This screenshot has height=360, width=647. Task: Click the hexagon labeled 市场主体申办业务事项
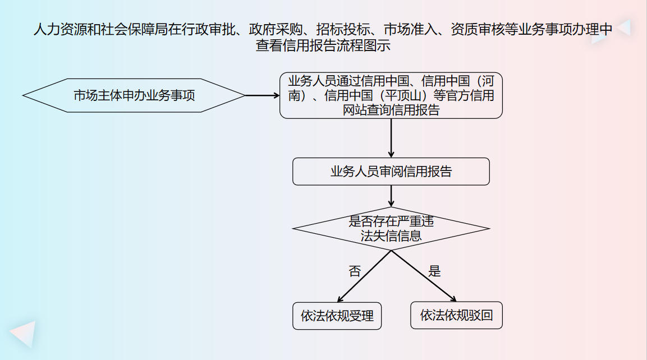(x=134, y=95)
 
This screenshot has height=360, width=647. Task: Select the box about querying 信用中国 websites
(x=391, y=95)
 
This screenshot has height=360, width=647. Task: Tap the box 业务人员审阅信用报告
(x=391, y=172)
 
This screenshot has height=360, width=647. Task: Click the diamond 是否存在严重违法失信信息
(x=391, y=228)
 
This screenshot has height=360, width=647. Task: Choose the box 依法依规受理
(x=337, y=316)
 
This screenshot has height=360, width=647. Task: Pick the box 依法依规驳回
(x=456, y=315)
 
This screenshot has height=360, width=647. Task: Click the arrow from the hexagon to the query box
(x=263, y=95)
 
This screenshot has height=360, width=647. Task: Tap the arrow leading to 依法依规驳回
(x=424, y=276)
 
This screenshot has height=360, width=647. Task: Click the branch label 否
(x=355, y=272)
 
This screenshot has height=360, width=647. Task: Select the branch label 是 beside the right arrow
(x=435, y=272)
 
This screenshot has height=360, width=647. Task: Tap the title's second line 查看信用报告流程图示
(x=323, y=46)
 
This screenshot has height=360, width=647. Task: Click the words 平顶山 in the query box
(x=401, y=95)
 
